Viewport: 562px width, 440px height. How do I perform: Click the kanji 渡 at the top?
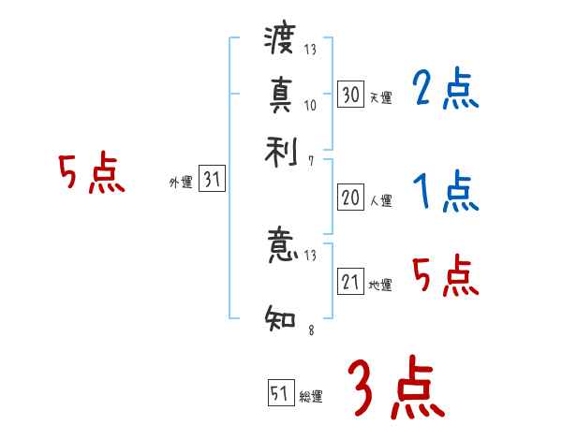(x=280, y=41)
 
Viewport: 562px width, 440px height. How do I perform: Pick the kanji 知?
(x=280, y=316)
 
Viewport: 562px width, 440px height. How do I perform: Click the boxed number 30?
(x=350, y=94)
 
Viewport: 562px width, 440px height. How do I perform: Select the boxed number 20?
(x=350, y=198)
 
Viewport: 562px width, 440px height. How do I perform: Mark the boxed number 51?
(x=281, y=394)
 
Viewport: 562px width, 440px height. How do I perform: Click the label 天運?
(x=380, y=97)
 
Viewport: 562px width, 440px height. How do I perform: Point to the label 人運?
(x=380, y=200)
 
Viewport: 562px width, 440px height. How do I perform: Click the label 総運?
(x=311, y=397)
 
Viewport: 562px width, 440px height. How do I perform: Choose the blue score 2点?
(x=444, y=90)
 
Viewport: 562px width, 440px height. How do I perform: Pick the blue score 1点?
(x=444, y=194)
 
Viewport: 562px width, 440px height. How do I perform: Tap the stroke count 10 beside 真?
(x=311, y=105)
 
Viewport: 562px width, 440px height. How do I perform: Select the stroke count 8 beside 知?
(x=309, y=330)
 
